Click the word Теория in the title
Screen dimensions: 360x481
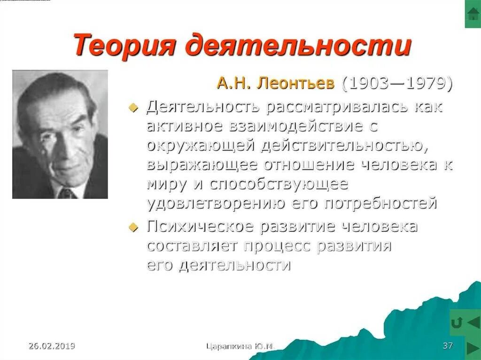pyautogui.click(x=125, y=46)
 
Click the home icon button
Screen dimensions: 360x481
pyautogui.click(x=473, y=14)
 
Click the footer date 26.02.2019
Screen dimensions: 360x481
pyautogui.click(x=52, y=346)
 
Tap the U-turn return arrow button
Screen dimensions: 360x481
pyautogui.click(x=457, y=322)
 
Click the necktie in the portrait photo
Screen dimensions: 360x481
pyautogui.click(x=67, y=192)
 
